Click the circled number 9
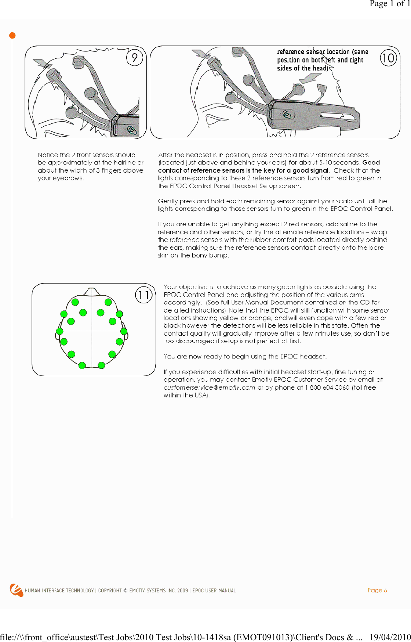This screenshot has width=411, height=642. click(x=135, y=58)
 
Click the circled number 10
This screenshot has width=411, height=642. click(x=388, y=58)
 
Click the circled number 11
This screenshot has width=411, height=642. click(x=143, y=295)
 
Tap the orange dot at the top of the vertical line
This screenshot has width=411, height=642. click(x=12, y=36)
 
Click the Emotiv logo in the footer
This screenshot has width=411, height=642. click(x=16, y=590)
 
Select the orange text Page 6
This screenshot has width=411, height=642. click(x=377, y=590)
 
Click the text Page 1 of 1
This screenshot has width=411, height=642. click(x=389, y=4)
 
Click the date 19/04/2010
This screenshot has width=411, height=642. click(x=390, y=637)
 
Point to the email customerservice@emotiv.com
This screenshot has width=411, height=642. click(x=209, y=387)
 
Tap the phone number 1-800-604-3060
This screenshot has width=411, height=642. click(x=327, y=387)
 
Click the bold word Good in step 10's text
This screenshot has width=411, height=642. click(x=371, y=162)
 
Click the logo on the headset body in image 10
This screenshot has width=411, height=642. click(x=287, y=115)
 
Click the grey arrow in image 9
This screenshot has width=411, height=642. click(x=43, y=63)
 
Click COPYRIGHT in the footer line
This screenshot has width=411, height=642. click(x=110, y=591)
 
